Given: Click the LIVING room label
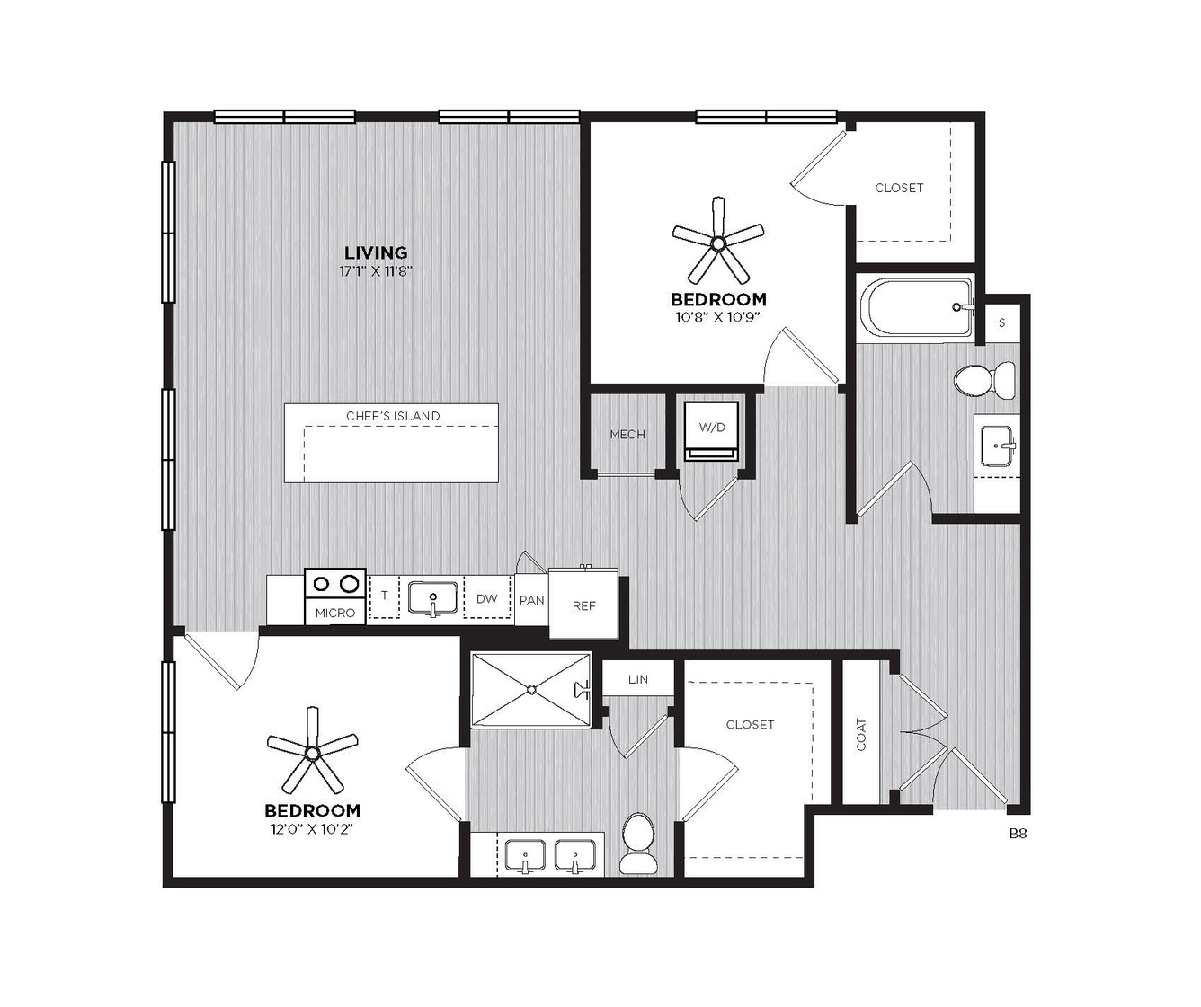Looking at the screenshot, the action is click(x=376, y=252).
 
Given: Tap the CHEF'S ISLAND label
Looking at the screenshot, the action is click(x=393, y=416).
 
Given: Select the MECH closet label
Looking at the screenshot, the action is click(x=627, y=435).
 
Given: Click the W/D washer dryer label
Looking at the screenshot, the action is click(x=712, y=427).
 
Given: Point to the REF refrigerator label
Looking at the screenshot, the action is click(x=583, y=605).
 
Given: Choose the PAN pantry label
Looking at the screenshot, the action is click(x=531, y=600).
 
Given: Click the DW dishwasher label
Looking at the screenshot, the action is click(x=486, y=598).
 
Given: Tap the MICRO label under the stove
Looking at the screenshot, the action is click(x=334, y=614).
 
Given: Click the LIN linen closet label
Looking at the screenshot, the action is click(x=638, y=679).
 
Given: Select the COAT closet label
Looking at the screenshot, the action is click(x=861, y=735).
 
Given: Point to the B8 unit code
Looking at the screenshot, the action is click(x=1018, y=833).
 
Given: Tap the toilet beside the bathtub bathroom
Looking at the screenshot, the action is click(x=984, y=379).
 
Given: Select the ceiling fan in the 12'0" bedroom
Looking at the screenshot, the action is click(x=312, y=752).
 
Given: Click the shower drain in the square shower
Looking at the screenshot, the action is click(x=531, y=689).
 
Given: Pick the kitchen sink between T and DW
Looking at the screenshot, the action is click(x=433, y=597).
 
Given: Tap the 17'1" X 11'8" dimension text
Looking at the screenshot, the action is click(x=376, y=271).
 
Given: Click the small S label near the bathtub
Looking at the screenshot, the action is click(x=1002, y=323).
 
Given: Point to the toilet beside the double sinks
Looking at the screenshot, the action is click(x=638, y=844).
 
